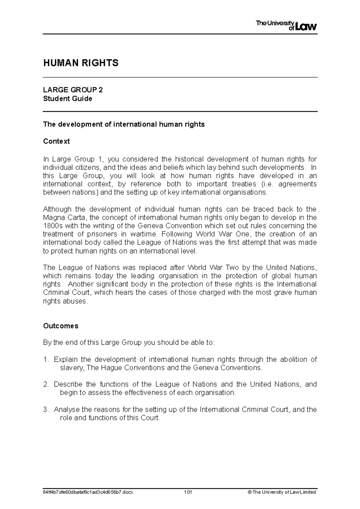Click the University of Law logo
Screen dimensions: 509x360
(x=286, y=26)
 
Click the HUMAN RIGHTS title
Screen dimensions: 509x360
(x=81, y=63)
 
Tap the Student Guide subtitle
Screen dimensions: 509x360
(x=67, y=99)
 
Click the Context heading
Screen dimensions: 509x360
(x=56, y=141)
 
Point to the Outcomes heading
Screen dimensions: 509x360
(x=61, y=326)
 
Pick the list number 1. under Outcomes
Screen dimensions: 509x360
(x=46, y=359)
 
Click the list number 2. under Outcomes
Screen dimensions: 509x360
(x=46, y=384)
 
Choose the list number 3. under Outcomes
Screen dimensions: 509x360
(x=46, y=409)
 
